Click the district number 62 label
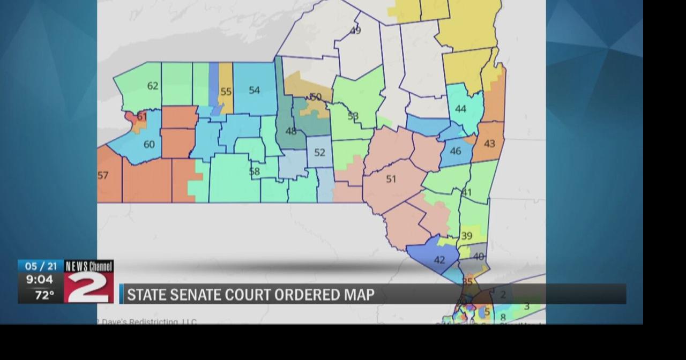(153, 86)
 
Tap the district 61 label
(141, 116)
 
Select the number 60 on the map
(149, 144)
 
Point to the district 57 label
(103, 175)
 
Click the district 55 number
(226, 92)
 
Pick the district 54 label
(254, 90)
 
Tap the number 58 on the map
(255, 171)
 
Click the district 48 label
(291, 131)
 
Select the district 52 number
(320, 153)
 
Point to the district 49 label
(355, 31)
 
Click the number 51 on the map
(391, 179)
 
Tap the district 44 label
(460, 109)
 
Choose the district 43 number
(489, 144)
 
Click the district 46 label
(456, 151)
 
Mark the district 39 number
(467, 236)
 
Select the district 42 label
(439, 260)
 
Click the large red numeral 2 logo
(88, 287)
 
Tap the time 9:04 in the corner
(40, 280)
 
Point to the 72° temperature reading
(44, 295)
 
